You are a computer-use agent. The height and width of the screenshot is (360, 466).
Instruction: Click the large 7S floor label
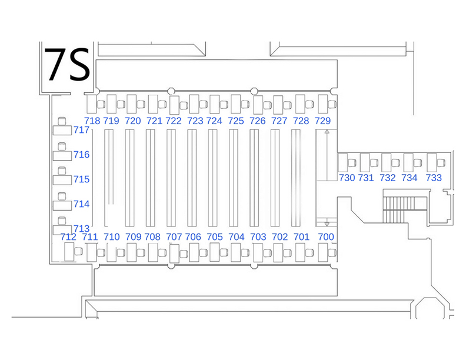(x=67, y=64)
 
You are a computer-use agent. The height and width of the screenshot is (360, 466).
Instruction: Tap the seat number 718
(x=92, y=121)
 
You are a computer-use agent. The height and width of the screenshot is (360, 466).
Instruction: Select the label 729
(x=323, y=121)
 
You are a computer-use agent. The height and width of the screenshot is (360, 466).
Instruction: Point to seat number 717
(x=81, y=130)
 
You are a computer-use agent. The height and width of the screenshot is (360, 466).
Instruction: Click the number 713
(x=81, y=228)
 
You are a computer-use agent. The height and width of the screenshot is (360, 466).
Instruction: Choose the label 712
(x=68, y=236)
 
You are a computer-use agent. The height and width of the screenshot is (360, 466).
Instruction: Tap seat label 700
(x=326, y=236)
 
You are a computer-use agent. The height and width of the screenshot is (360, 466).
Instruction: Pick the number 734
(x=410, y=178)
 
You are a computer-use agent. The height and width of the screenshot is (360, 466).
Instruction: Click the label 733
(x=434, y=178)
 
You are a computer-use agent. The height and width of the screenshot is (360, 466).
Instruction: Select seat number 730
(x=347, y=178)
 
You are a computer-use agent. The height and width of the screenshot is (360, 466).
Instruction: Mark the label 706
(x=193, y=236)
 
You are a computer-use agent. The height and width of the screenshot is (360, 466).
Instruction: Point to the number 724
(x=214, y=121)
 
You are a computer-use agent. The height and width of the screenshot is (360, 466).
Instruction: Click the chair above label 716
(x=62, y=146)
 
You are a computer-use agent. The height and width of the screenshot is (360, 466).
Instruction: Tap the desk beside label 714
(x=62, y=205)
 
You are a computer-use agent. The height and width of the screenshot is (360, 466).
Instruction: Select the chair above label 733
(x=441, y=163)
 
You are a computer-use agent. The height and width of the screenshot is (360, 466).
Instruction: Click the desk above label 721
(x=153, y=104)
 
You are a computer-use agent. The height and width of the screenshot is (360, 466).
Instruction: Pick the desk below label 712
(x=69, y=252)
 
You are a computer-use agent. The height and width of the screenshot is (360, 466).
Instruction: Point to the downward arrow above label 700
(x=327, y=224)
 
